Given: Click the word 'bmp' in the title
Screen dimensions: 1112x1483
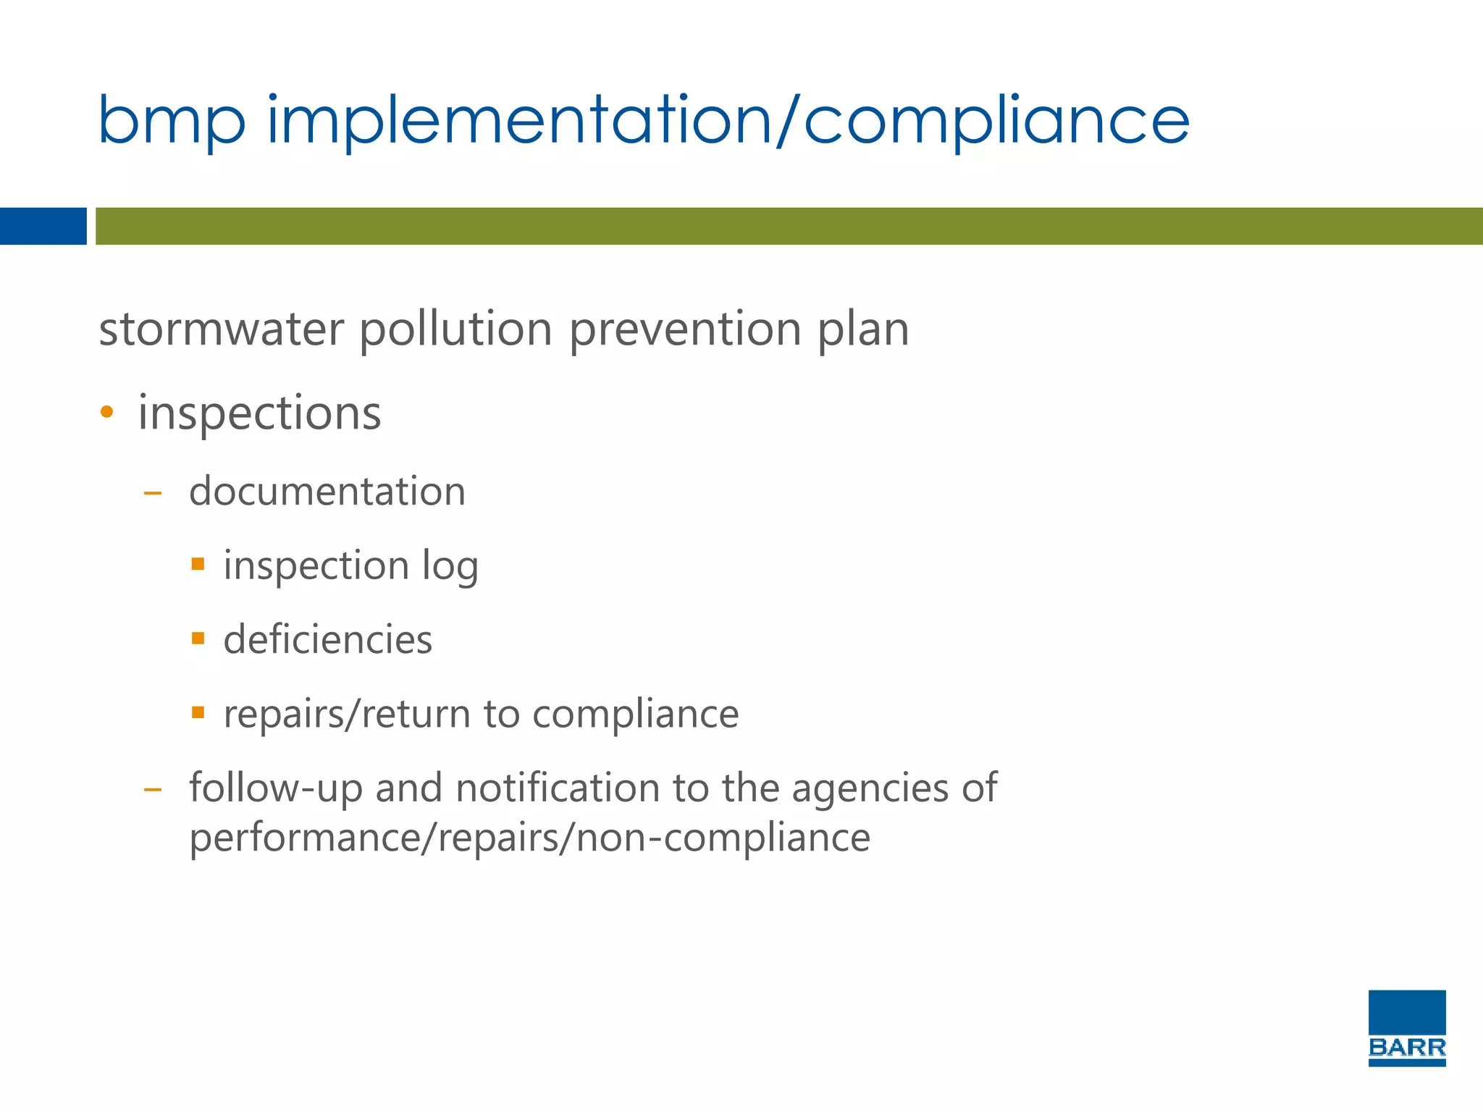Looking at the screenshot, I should point(172,122).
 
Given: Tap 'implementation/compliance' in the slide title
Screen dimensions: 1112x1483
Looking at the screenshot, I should point(728,120).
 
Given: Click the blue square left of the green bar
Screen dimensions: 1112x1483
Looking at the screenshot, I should point(43,226).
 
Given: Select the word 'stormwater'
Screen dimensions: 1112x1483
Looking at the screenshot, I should point(221,329).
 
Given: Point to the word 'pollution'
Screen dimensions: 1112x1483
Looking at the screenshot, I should point(455,329).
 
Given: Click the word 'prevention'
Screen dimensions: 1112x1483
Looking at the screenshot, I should point(684,329).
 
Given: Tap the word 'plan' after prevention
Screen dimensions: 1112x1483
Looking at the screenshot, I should point(862,331).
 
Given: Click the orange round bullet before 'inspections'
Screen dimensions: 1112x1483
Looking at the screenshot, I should point(107,413).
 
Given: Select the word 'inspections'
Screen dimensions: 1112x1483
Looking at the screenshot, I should point(259,413).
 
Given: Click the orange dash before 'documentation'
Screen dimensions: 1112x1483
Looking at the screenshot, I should point(152,494).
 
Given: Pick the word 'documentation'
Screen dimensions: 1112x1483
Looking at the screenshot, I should point(327,492).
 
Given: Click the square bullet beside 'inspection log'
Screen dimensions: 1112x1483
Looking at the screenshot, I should point(198,563).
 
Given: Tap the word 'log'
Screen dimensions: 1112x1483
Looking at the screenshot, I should point(450,567).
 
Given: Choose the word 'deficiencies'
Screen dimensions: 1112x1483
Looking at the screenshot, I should point(327,639).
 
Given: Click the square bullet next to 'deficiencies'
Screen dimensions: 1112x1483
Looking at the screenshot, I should point(198,638).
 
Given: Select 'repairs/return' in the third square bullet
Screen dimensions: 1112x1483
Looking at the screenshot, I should point(347,715).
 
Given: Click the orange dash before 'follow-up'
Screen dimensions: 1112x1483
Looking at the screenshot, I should point(152,790).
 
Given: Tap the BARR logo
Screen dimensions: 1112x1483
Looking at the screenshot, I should point(1406,1028).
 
